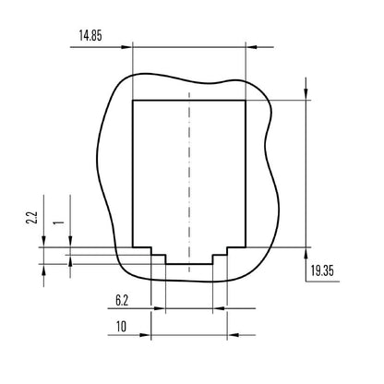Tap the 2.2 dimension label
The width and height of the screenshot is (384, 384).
click(x=30, y=219)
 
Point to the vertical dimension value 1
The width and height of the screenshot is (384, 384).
click(x=57, y=222)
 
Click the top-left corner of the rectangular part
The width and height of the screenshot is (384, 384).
click(x=134, y=99)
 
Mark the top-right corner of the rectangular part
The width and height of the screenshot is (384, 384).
click(x=246, y=99)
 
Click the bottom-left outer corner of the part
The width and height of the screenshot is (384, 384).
click(x=134, y=246)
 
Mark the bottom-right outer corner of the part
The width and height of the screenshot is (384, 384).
click(x=246, y=246)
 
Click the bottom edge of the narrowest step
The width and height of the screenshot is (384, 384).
click(x=189, y=264)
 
